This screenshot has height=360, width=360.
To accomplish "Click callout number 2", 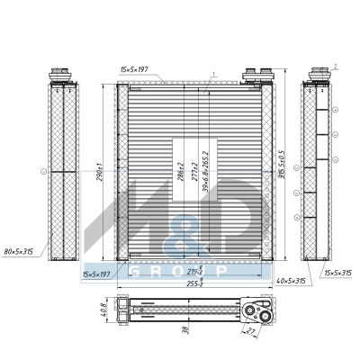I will (x=334, y=66).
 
